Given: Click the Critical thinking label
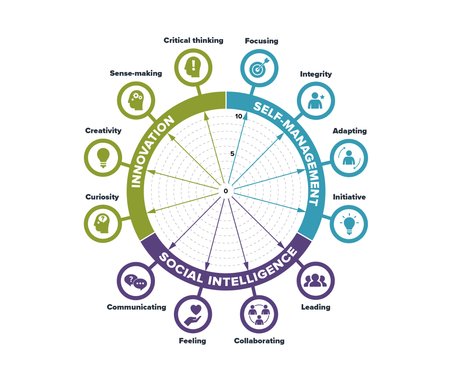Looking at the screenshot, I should pos(193,40).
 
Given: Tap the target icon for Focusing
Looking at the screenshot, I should pos(259,68).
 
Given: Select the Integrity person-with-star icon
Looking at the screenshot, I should pos(316,100).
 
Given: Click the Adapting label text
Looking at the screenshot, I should pos(349,131).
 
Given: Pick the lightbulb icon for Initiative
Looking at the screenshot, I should pos(349,224).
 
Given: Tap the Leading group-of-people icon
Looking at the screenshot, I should pos(315,281).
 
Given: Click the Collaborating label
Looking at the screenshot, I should pos(259,341).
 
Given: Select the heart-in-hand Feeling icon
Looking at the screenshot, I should pos(193,315).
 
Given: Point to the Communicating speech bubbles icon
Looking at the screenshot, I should pos(136,281).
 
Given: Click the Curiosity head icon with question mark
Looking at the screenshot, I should pos(102,223).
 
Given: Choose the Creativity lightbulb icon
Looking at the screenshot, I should pos(103,157).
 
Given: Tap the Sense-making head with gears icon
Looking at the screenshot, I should pos(136,100).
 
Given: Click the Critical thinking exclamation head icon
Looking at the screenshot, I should pos(193,68).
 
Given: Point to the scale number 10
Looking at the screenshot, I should pos(239,116).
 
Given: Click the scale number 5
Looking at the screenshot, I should pos(232,154).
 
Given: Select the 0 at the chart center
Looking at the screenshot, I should pos(226,191).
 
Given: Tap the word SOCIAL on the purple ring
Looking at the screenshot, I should pos(181,269).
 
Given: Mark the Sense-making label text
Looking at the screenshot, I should pos(136,73).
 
